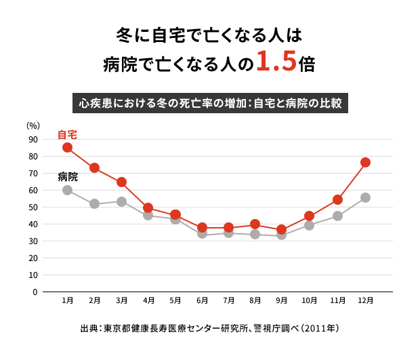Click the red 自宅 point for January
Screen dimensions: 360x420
tap(67, 147)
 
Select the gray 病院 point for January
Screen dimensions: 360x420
tap(67, 190)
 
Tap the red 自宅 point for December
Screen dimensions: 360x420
tap(365, 162)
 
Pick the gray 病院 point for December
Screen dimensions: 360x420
tap(365, 197)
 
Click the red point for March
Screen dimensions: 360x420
tap(121, 182)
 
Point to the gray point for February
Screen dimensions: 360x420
tap(94, 203)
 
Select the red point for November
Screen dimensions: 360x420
tap(337, 199)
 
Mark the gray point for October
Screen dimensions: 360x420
tap(309, 225)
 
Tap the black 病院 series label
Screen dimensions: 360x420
tap(68, 176)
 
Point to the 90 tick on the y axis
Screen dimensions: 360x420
tap(33, 140)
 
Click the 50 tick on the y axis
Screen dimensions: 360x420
tap(33, 207)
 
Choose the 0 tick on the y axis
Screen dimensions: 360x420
tap(35, 292)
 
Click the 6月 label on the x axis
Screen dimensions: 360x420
tap(202, 300)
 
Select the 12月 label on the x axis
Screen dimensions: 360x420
tap(365, 300)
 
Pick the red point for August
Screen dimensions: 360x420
tap(255, 224)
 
